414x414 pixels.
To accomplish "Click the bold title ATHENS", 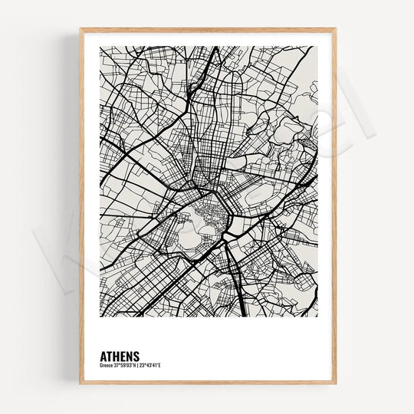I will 120,356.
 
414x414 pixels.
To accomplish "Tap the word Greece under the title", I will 106,364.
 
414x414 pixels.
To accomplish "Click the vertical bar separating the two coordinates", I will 137,364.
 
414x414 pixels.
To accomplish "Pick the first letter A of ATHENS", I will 103,356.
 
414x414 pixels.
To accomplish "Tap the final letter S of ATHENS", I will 136,356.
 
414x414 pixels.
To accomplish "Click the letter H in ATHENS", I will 116,356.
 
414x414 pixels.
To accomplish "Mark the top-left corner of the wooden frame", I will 80,29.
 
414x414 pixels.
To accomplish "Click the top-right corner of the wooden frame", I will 335,29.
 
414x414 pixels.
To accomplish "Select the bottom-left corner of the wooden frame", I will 80,383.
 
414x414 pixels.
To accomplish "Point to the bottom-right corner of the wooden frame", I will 335,383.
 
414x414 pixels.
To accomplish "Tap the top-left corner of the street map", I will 100,47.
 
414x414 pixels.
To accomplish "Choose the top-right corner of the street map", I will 317,47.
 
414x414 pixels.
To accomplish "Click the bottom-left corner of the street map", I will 100,316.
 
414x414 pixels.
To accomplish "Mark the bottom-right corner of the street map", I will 317,316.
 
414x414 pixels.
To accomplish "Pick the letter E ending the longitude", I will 160,364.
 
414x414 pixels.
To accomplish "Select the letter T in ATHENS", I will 110,356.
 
